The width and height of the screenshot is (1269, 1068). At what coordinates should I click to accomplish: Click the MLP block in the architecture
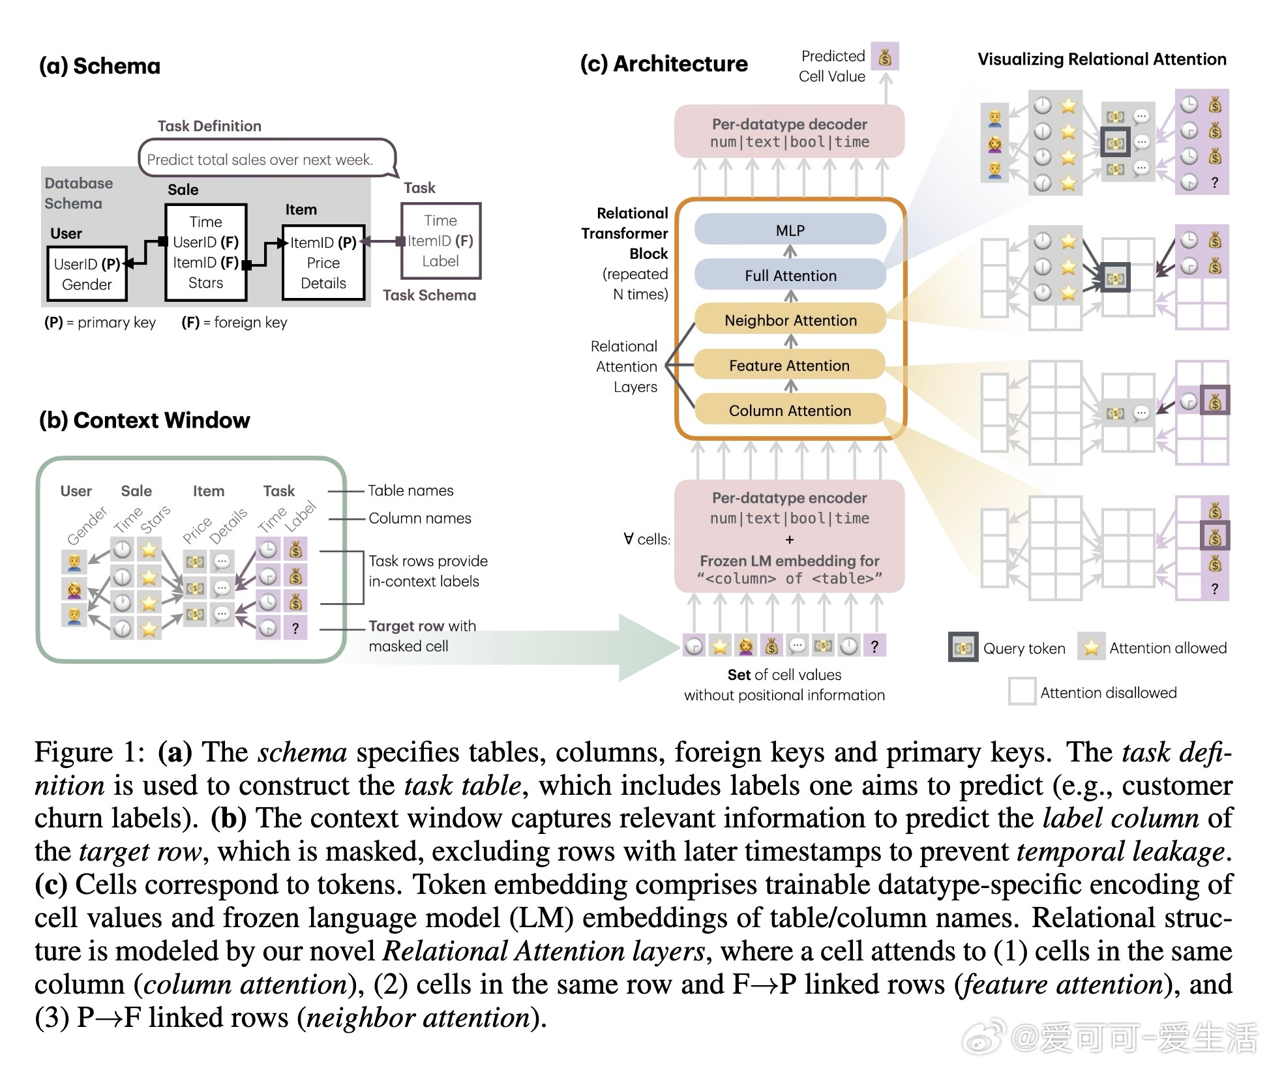pyautogui.click(x=790, y=230)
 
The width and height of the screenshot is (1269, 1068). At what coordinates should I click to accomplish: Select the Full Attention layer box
pyautogui.click(x=790, y=275)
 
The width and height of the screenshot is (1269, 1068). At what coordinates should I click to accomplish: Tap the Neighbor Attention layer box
pyautogui.click(x=790, y=320)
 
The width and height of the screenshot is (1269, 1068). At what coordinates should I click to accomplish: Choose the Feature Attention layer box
pyautogui.click(x=790, y=365)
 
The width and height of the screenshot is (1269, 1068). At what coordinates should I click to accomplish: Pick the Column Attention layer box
pyautogui.click(x=790, y=410)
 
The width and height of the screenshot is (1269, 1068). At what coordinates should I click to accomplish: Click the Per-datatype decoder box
pyautogui.click(x=790, y=132)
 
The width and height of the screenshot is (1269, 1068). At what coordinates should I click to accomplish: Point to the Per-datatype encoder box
pyautogui.click(x=790, y=537)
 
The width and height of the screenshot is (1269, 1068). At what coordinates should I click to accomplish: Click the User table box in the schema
pyautogui.click(x=87, y=274)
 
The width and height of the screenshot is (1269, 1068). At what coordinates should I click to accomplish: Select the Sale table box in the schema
pyautogui.click(x=206, y=252)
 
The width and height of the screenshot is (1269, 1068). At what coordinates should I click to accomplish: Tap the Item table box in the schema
pyautogui.click(x=323, y=263)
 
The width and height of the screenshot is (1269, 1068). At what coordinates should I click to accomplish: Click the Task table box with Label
pyautogui.click(x=441, y=241)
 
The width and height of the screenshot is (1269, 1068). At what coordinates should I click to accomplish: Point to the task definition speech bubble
pyautogui.click(x=266, y=158)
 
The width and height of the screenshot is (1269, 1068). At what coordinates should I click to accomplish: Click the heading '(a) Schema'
pyautogui.click(x=100, y=66)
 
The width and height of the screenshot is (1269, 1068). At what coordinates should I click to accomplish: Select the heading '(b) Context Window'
pyautogui.click(x=145, y=421)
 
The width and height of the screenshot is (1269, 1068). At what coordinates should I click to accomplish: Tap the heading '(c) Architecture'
pyautogui.click(x=664, y=64)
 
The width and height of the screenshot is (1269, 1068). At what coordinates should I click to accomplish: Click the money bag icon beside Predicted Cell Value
pyautogui.click(x=885, y=57)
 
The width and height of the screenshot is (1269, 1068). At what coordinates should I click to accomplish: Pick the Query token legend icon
pyautogui.click(x=963, y=648)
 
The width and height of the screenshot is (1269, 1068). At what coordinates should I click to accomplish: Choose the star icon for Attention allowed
pyautogui.click(x=1091, y=647)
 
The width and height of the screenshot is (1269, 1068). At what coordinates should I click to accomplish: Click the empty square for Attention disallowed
pyautogui.click(x=1022, y=692)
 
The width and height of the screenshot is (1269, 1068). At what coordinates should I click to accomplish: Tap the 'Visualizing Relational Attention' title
pyautogui.click(x=1102, y=59)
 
